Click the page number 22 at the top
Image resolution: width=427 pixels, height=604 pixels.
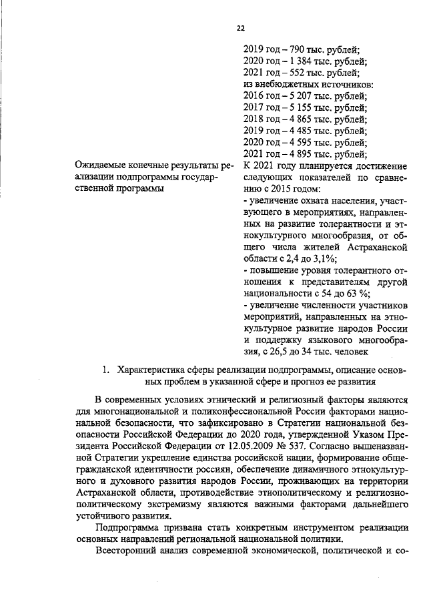[x=241, y=28]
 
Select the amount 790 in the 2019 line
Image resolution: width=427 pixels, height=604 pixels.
[x=288, y=49]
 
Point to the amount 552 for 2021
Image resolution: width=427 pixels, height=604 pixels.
[x=288, y=72]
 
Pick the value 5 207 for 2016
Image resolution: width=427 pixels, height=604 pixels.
[x=292, y=95]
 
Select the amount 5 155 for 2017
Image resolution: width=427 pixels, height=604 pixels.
[x=292, y=107]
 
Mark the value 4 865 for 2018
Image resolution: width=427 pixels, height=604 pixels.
[x=292, y=119]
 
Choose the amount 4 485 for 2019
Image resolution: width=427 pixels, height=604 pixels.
[x=292, y=131]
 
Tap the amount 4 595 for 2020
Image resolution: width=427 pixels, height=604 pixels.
[x=292, y=143]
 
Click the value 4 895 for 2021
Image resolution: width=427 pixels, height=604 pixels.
[x=292, y=154]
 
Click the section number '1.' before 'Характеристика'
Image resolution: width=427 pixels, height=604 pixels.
[x=105, y=370]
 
